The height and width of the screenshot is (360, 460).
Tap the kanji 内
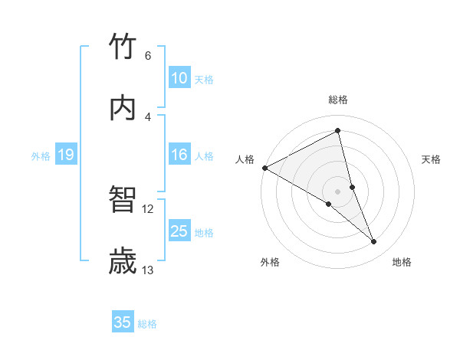pyautogui.click(x=123, y=108)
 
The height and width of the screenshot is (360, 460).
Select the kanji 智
pyautogui.click(x=123, y=201)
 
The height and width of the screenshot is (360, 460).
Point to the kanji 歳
pyautogui.click(x=123, y=261)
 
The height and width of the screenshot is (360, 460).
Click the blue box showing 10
pyautogui.click(x=179, y=78)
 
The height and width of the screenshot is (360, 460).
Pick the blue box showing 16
pyautogui.click(x=179, y=155)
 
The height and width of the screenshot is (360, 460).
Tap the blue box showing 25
pyautogui.click(x=179, y=231)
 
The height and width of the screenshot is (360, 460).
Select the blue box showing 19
pyautogui.click(x=65, y=155)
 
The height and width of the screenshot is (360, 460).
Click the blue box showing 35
pyautogui.click(x=123, y=322)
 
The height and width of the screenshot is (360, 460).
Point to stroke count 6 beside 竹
pyautogui.click(x=147, y=55)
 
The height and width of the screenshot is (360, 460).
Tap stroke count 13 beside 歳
pyautogui.click(x=148, y=270)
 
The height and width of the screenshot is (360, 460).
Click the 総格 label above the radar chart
pyautogui.click(x=338, y=100)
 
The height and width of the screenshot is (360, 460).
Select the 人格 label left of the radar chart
pyautogui.click(x=245, y=159)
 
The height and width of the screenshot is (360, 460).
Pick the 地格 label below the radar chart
pyautogui.click(x=402, y=262)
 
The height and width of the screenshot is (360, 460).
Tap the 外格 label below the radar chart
pyautogui.click(x=270, y=262)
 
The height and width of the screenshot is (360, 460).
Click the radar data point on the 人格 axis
pyautogui.click(x=264, y=167)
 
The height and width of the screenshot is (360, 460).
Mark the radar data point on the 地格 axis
pyautogui.click(x=374, y=241)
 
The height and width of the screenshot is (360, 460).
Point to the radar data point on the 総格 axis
pyautogui.click(x=338, y=131)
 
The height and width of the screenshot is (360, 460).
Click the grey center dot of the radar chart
pyautogui.click(x=338, y=191)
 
